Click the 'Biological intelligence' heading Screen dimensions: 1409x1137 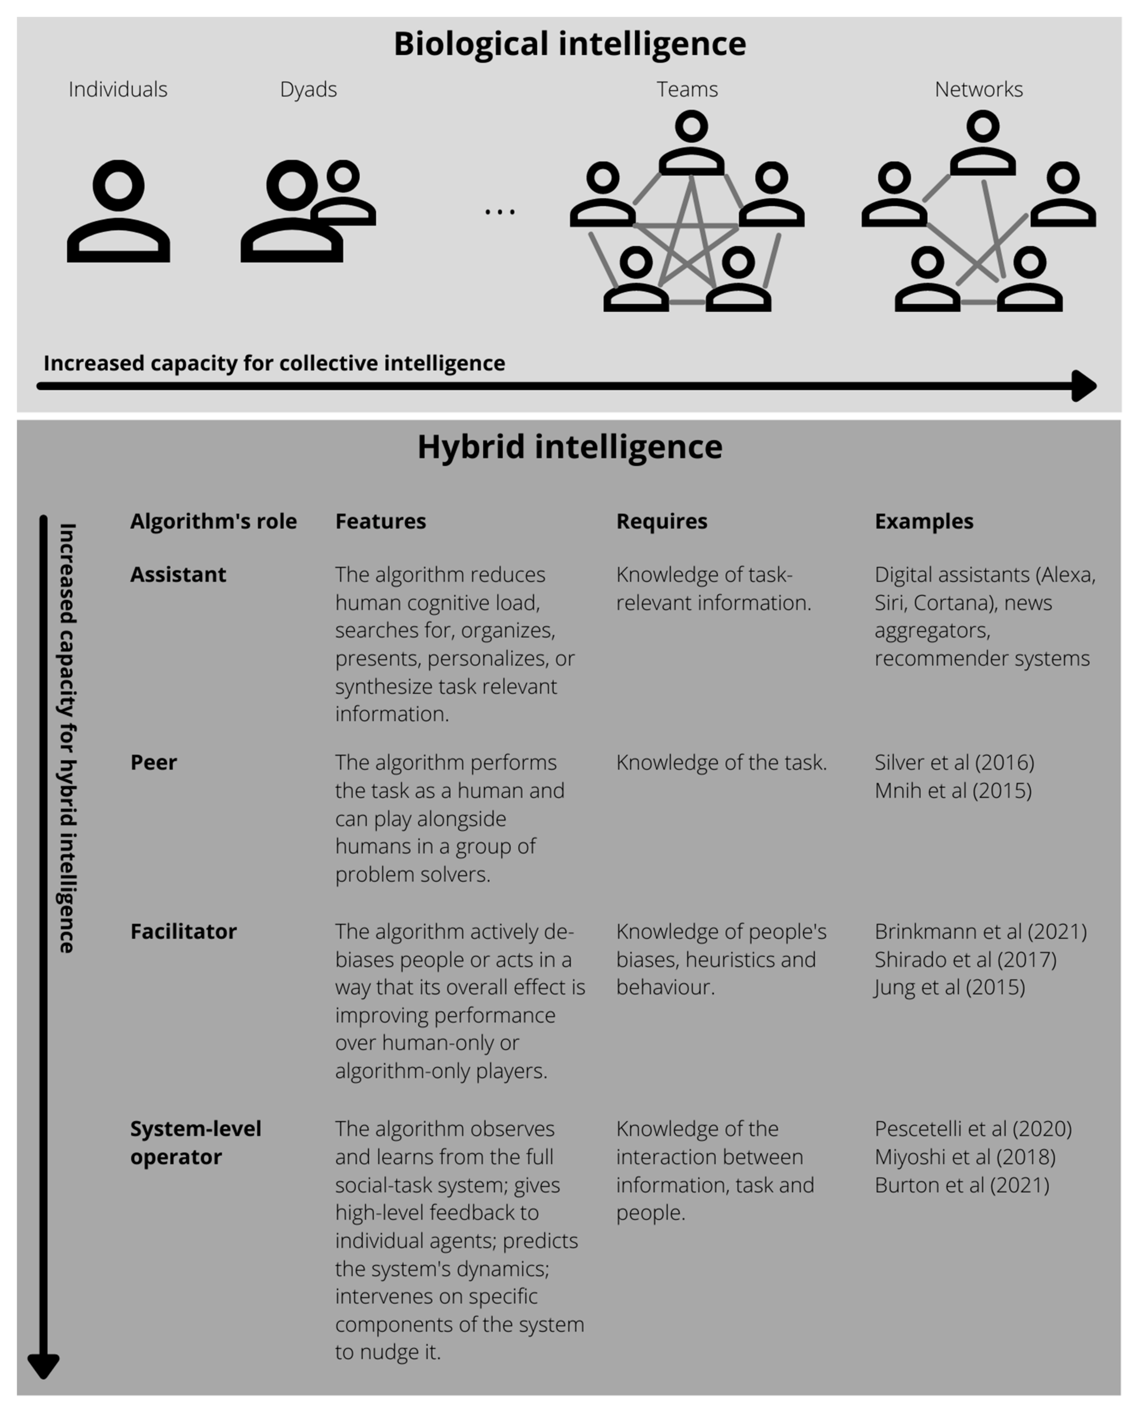point(569,44)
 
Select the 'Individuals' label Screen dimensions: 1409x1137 point(118,89)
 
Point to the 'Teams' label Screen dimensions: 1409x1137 point(687,89)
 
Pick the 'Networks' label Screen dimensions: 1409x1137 point(979,89)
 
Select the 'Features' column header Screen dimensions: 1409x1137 point(381,522)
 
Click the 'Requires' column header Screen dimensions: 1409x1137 point(662,522)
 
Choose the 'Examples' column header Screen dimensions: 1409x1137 point(923,522)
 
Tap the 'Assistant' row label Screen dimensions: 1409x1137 point(178,574)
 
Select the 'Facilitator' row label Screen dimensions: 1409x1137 point(183,932)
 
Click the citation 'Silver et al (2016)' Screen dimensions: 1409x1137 point(954,763)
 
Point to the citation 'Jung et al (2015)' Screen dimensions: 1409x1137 point(950,987)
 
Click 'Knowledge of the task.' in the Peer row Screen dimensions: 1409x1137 point(721,763)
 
